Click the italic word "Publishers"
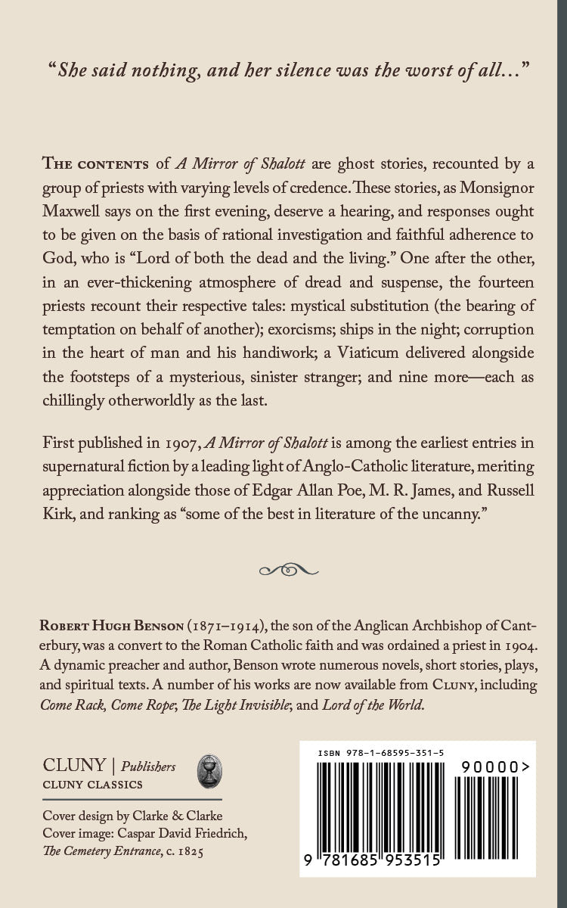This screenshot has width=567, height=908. pyautogui.click(x=148, y=767)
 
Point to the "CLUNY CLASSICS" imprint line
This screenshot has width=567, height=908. pyautogui.click(x=92, y=785)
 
